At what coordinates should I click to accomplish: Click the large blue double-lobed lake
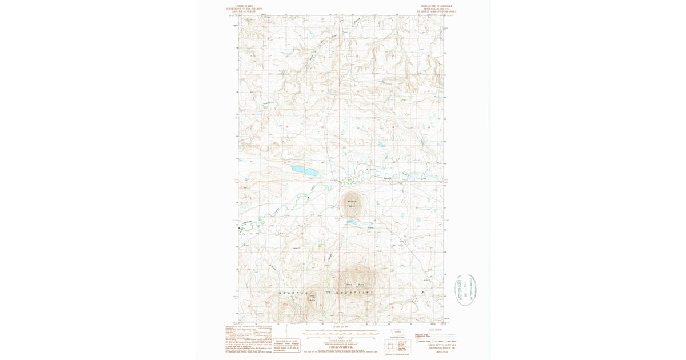coord(304,170)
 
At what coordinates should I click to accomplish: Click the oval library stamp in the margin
coord(465,290)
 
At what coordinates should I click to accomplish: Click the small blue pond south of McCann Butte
coord(354,223)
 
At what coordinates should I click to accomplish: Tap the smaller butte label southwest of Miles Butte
coord(313,297)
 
